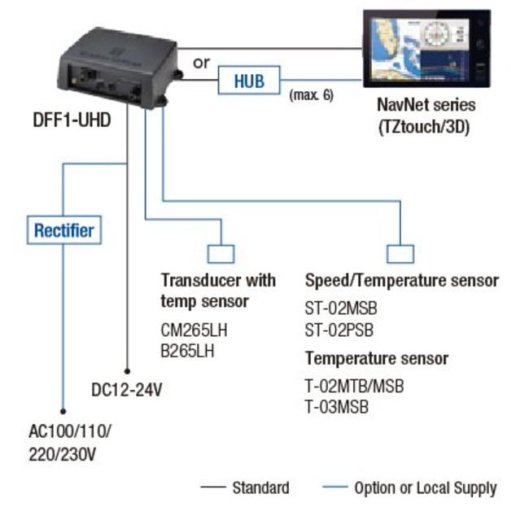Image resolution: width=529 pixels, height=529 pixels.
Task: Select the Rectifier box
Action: click(63, 230)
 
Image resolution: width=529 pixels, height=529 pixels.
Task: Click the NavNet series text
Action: click(426, 105)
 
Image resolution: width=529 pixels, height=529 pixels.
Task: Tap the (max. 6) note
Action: click(311, 95)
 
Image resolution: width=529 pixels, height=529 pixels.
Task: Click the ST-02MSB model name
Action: click(341, 310)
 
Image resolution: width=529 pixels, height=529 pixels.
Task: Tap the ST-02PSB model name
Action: click(341, 330)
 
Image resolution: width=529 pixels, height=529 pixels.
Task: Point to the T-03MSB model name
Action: click(336, 406)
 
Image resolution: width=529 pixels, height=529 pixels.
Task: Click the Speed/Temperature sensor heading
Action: click(401, 281)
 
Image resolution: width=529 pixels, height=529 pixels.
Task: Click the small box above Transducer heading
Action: click(221, 254)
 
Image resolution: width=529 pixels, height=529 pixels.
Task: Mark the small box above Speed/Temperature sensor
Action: click(400, 254)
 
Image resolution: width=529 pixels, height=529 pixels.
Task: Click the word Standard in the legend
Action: click(260, 488)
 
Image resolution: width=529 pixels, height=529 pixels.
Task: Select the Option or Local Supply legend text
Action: click(425, 488)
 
